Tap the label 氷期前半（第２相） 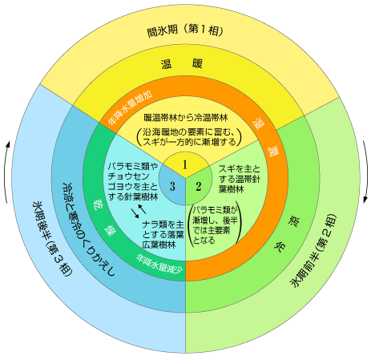[x=314, y=250]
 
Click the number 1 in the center [x=185, y=165]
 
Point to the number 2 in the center [x=198, y=187]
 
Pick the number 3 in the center [x=172, y=186]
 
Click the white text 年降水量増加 [x=131, y=107]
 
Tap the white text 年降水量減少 [x=159, y=264]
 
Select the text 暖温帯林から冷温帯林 [x=186, y=118]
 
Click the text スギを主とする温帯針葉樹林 [x=240, y=179]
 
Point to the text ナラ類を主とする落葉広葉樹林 [x=163, y=234]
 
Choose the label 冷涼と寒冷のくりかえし [x=88, y=229]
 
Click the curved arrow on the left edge [x=6, y=172]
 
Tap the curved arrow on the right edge [x=366, y=171]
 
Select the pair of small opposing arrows [x=139, y=211]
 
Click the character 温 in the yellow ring [x=166, y=64]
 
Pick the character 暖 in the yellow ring [x=197, y=63]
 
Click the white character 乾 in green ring [x=97, y=204]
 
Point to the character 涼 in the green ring [x=294, y=222]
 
